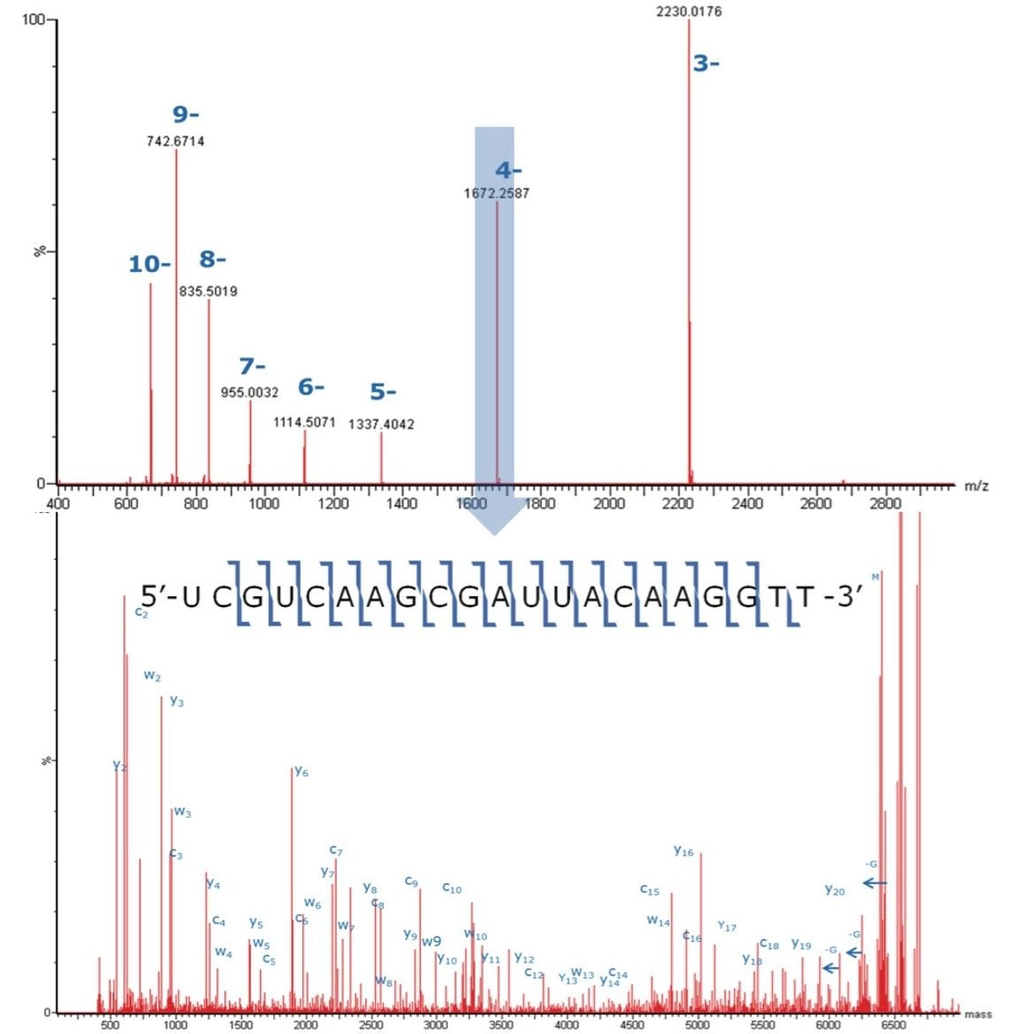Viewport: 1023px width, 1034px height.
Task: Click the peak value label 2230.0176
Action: [x=689, y=12]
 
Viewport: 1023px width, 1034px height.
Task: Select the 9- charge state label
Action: [x=185, y=114]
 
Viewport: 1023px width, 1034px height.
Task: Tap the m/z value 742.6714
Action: [x=176, y=141]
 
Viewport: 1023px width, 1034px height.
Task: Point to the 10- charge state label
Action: [x=150, y=264]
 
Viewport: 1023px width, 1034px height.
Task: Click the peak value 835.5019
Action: [x=208, y=292]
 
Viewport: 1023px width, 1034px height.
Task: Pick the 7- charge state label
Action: [x=252, y=366]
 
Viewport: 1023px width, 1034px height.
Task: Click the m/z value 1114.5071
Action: [x=304, y=423]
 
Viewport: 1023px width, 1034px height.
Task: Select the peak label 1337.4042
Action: [x=381, y=424]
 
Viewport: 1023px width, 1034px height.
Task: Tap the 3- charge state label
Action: [x=706, y=64]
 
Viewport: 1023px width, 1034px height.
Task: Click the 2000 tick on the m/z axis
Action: [x=608, y=503]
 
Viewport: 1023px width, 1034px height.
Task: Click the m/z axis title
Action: [x=976, y=486]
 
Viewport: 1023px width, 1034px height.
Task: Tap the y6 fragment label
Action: [x=301, y=772]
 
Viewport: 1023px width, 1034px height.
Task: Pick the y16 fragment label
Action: [x=683, y=851]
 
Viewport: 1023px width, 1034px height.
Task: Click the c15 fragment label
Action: [x=650, y=890]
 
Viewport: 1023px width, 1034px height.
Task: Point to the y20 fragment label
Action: [x=834, y=890]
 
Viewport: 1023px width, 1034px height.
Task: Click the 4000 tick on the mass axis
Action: [x=566, y=1025]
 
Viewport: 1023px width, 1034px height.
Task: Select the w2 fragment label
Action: [x=152, y=676]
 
